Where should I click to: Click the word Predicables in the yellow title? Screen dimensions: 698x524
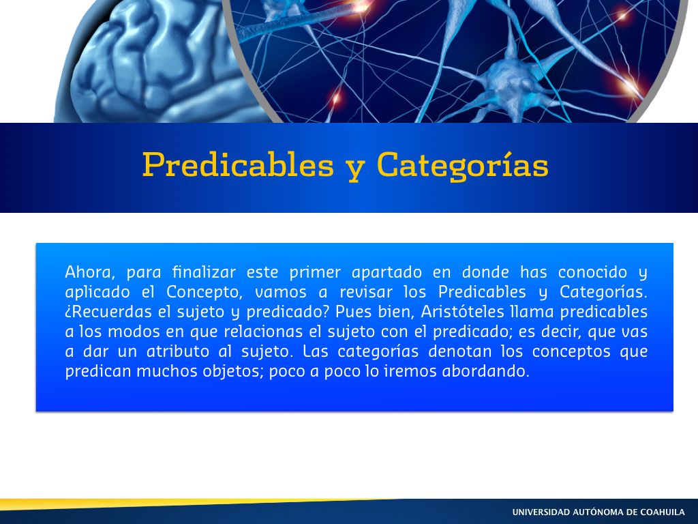point(238,165)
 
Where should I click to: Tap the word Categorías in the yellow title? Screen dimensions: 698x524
point(463,166)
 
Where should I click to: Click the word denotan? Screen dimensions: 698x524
point(460,351)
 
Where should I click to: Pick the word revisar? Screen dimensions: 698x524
point(366,292)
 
